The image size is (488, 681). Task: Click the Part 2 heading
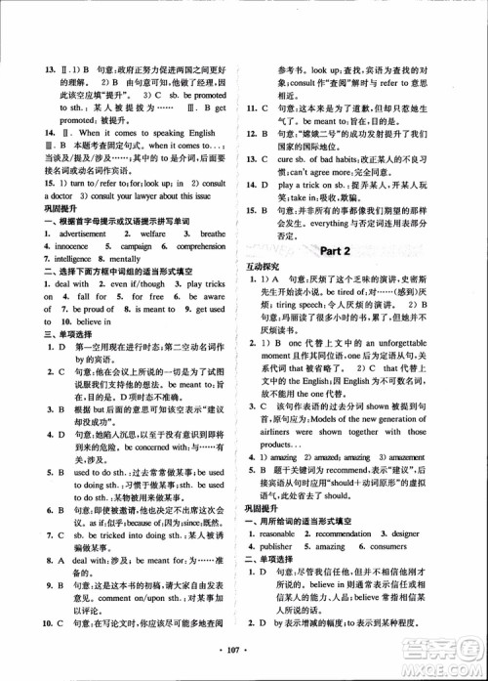click(335, 251)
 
